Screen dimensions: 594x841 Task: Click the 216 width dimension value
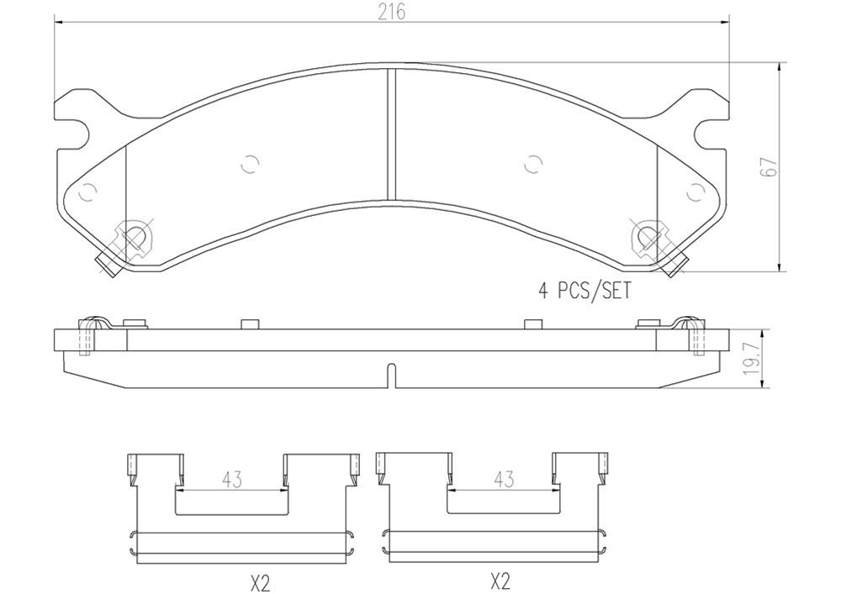[392, 12]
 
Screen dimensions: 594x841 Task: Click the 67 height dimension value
[768, 166]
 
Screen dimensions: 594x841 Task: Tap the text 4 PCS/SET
[584, 292]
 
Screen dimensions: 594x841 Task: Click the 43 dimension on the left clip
[232, 480]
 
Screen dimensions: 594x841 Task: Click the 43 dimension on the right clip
[503, 479]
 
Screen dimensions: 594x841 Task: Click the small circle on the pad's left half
[248, 165]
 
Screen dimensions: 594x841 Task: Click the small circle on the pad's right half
[532, 165]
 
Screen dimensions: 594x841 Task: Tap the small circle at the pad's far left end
[87, 193]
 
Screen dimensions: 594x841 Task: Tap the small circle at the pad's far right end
[695, 193]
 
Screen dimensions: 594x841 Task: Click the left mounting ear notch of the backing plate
[77, 132]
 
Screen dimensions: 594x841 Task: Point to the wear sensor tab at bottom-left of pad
[106, 265]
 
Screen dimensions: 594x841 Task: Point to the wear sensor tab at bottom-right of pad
[675, 265]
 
